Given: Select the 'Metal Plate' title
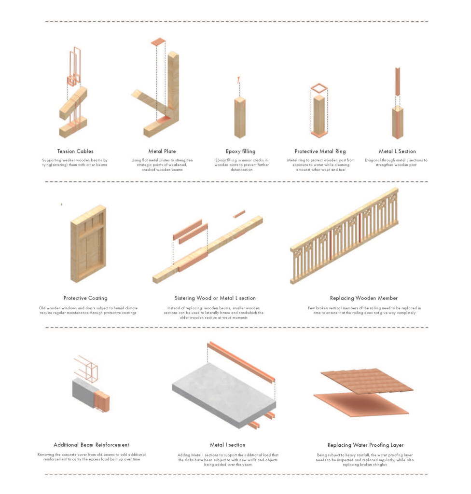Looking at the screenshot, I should tap(162, 151).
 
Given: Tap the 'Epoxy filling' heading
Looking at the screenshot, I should tap(240, 151).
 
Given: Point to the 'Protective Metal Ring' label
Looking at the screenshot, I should tap(320, 151).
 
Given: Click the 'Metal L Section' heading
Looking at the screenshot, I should tap(397, 151).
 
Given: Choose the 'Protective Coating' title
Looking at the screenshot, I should tap(85, 298).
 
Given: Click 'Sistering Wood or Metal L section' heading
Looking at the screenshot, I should tap(215, 298).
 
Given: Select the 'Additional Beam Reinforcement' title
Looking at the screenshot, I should tap(91, 445).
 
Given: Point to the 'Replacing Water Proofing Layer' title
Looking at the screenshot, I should tap(365, 445).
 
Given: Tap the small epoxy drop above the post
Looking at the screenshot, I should tap(238, 80).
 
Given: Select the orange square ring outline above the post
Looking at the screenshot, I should tap(319, 88).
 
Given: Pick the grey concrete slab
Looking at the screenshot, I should tap(222, 396).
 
